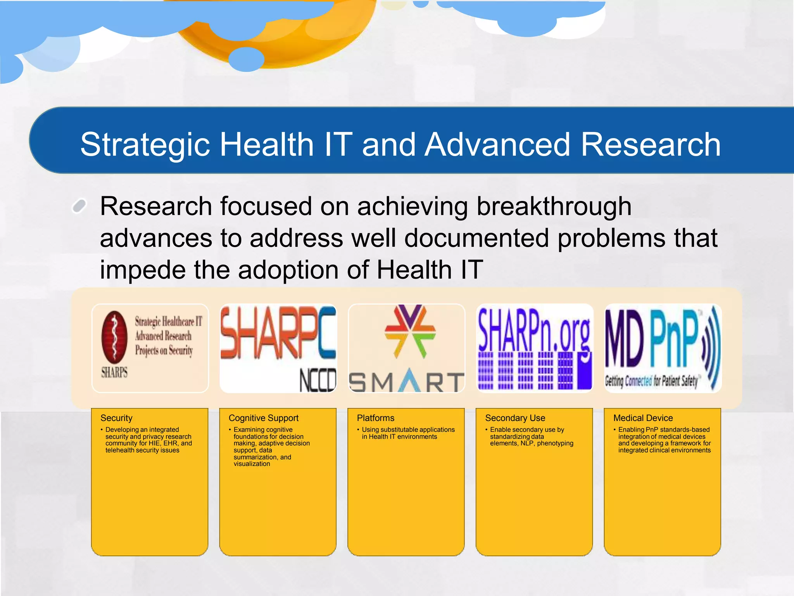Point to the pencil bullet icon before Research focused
79,206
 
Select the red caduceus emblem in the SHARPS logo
114,336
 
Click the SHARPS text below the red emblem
114,372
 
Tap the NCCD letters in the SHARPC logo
317,380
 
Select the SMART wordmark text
406,382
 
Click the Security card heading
116,418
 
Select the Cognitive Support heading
263,418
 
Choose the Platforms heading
375,418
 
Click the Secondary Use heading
515,418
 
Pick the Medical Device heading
643,418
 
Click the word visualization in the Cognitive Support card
252,464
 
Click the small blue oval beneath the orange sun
246,59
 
